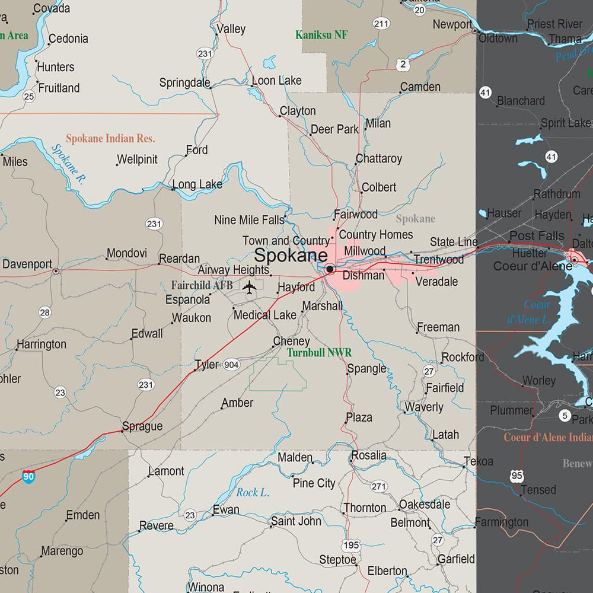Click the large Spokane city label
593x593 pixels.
click(x=291, y=256)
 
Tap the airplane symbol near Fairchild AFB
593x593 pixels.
click(x=250, y=288)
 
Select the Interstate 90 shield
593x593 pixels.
click(x=28, y=476)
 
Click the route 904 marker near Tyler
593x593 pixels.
click(x=231, y=365)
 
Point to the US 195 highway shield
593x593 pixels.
click(x=350, y=545)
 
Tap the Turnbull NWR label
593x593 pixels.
click(x=319, y=353)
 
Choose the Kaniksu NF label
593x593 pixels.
click(x=321, y=35)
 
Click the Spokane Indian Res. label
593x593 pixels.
click(x=110, y=139)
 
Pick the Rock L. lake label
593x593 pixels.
click(x=253, y=492)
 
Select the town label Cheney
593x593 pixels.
click(x=291, y=342)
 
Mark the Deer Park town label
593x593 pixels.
click(x=334, y=129)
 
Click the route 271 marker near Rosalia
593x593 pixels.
click(x=379, y=486)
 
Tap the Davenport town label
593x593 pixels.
click(x=27, y=264)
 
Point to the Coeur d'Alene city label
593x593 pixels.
click(x=533, y=266)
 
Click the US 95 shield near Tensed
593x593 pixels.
click(x=517, y=476)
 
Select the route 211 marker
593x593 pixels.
click(x=381, y=24)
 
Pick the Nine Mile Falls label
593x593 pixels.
click(x=249, y=220)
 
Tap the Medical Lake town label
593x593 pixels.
click(x=264, y=315)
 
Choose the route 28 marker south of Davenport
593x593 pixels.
click(x=44, y=313)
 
